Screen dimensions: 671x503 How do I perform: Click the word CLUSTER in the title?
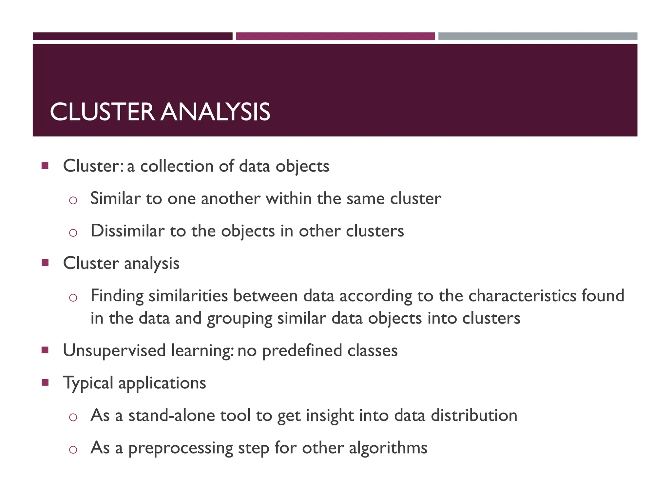[102, 112]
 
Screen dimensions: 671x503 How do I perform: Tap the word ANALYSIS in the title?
[216, 112]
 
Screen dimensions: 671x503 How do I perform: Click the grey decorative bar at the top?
[538, 36]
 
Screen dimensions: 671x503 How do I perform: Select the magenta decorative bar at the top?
[335, 36]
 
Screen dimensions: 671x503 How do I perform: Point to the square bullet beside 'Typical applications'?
[45, 382]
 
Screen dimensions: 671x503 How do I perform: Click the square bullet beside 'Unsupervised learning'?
[45, 350]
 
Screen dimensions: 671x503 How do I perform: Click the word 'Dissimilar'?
[127, 231]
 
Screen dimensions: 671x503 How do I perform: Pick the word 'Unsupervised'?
[114, 351]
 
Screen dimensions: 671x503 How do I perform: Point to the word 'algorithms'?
[388, 448]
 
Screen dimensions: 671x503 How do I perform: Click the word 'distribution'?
[474, 415]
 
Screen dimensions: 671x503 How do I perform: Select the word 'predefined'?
[302, 351]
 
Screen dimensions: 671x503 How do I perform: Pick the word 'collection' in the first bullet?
[177, 166]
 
